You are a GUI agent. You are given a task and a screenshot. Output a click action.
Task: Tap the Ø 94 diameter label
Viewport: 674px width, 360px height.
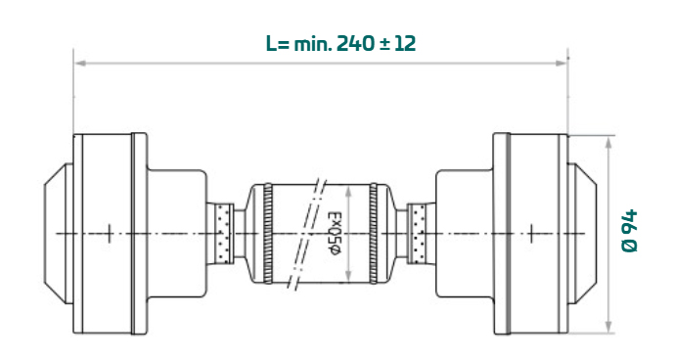click(630, 231)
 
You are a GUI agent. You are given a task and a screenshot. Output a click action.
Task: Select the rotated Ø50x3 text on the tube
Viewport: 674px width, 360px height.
click(335, 233)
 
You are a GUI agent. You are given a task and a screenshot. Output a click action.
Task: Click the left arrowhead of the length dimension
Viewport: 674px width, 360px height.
click(80, 64)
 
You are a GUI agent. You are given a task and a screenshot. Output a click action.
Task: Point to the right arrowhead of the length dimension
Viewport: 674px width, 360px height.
click(561, 64)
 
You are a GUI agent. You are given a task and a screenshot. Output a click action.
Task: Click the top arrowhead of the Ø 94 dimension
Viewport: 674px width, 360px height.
click(608, 143)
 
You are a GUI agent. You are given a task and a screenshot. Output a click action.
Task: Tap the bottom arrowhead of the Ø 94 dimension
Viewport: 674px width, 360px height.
click(608, 327)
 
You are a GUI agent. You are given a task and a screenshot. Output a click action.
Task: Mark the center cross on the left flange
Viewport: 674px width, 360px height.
click(110, 234)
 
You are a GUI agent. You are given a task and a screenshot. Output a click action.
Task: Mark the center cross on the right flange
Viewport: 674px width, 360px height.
click(531, 234)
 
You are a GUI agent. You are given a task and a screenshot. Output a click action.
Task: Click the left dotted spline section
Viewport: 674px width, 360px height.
click(223, 233)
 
